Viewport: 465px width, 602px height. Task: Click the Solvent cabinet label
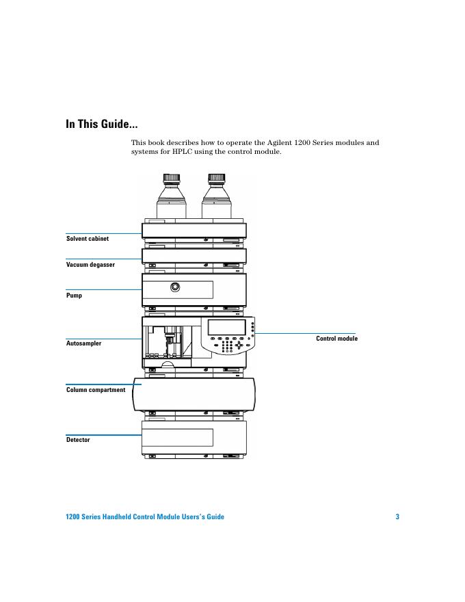tap(88, 239)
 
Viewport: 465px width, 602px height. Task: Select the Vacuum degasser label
tap(90, 264)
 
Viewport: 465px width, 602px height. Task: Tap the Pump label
tap(74, 296)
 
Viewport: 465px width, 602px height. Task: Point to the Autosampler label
tap(84, 343)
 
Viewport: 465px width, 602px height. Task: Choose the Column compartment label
tap(96, 390)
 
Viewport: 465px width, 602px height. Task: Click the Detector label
tap(78, 440)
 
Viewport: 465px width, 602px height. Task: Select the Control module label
tap(336, 339)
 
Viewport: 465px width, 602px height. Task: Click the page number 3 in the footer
tap(397, 516)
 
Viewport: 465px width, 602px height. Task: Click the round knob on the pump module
tap(176, 287)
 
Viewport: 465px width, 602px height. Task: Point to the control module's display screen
tap(227, 328)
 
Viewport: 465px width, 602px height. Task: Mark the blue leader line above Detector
tap(103, 434)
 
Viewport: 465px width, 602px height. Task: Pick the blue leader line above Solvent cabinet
tap(103, 233)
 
